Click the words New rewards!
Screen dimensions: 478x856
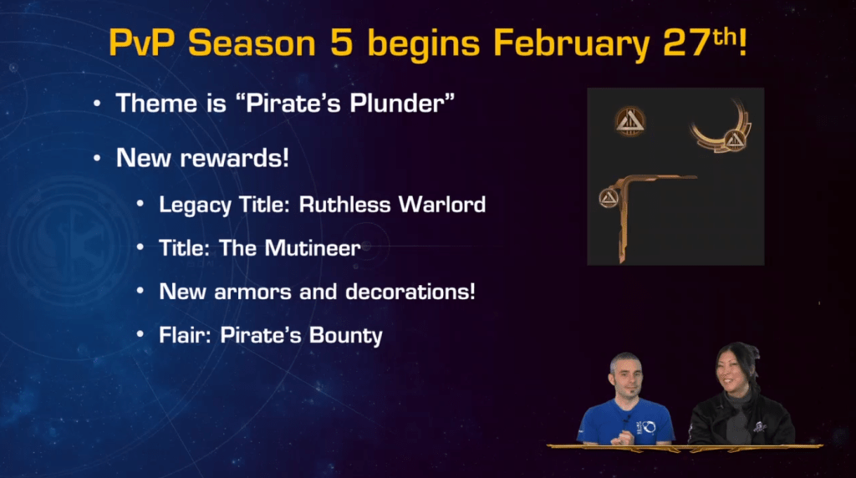click(202, 157)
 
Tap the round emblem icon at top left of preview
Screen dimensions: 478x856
click(630, 122)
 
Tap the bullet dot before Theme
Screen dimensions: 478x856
click(99, 104)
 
